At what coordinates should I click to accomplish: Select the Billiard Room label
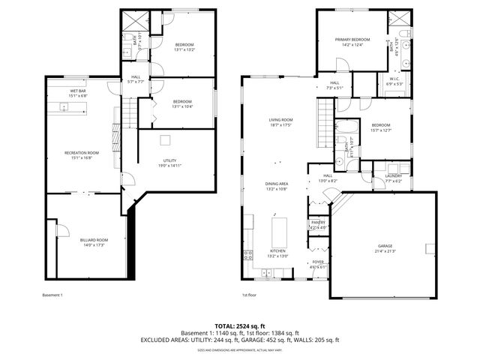tap(94, 241)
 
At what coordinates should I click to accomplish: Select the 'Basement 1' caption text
tap(52, 295)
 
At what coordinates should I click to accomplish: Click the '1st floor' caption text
tap(250, 295)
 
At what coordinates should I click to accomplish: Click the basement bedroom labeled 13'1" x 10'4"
tap(182, 103)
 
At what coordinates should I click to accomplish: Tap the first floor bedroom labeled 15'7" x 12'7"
tap(380, 127)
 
